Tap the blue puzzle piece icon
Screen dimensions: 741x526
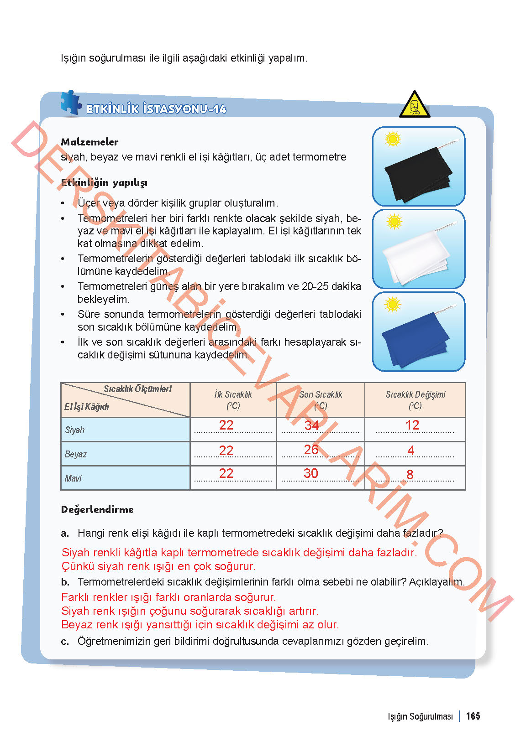71,103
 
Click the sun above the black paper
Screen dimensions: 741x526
393,139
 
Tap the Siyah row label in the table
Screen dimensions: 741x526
75,430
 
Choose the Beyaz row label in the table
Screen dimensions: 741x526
76,454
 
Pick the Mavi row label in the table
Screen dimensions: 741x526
73,478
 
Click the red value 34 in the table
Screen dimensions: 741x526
311,425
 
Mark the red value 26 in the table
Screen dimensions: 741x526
311,450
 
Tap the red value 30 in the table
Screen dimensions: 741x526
311,473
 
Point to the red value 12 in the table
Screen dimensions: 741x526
412,425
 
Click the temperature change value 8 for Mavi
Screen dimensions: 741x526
410,475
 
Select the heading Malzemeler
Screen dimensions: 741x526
89,142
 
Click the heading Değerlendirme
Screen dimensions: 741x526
97,510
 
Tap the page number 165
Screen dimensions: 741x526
473,716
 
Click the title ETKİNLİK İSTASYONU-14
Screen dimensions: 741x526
156,109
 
